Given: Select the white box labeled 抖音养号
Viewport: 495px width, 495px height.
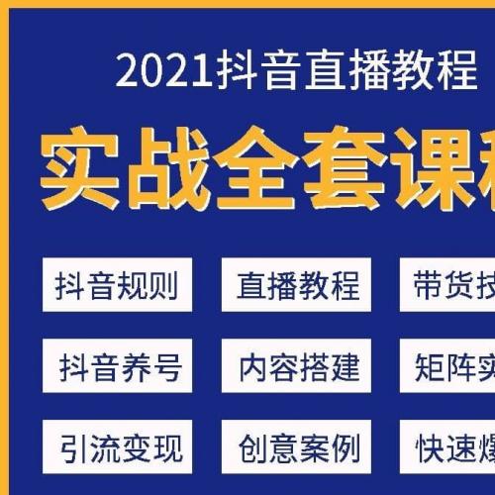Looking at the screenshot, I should click(118, 364).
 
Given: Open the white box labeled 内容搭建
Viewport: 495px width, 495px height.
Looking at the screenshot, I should click(297, 364).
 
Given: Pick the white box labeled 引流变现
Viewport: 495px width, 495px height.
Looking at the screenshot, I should click(118, 449).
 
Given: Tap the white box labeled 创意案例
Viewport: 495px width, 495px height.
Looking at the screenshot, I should click(297, 449).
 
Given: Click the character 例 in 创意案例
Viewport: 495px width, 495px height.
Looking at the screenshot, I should click(346, 449).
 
